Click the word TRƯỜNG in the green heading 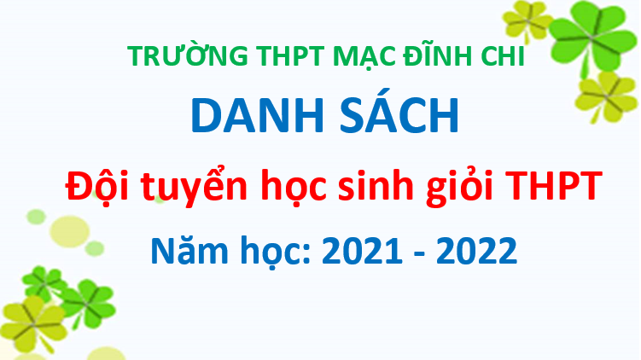point(188,55)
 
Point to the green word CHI point(503,55)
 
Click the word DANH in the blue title point(257,115)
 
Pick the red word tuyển point(195,185)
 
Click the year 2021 point(362,251)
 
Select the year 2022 point(476,251)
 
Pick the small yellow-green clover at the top point(527,20)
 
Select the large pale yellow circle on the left point(69,231)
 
